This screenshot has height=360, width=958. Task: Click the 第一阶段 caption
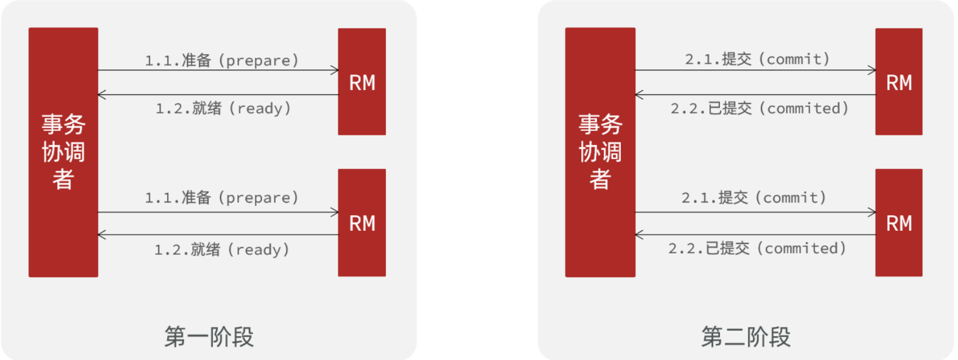209,337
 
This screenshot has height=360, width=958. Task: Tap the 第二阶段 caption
746,337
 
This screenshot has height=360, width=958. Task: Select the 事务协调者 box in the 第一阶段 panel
63,152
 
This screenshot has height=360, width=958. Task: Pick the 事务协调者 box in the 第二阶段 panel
600,152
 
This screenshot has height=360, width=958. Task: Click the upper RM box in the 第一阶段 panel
362,82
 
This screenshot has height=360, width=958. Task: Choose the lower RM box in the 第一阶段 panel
362,222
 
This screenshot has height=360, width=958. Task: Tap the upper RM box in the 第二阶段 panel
899,82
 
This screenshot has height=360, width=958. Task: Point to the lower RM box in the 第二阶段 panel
899,222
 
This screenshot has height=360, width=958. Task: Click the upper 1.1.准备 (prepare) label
222,60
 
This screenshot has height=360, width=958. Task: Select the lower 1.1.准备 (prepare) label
222,198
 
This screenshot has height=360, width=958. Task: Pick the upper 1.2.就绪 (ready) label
223,108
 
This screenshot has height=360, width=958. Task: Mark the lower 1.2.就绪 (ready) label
222,249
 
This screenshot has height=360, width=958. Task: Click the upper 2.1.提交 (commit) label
757,59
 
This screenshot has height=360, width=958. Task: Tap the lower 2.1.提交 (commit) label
754,198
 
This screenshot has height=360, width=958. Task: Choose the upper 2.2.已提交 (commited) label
760,108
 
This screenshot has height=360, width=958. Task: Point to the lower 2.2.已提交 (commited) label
757,248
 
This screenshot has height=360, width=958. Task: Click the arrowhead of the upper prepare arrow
335,70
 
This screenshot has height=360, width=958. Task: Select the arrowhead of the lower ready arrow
102,235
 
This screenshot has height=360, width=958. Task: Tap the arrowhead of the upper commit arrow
872,70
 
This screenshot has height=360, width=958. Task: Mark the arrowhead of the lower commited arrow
639,235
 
